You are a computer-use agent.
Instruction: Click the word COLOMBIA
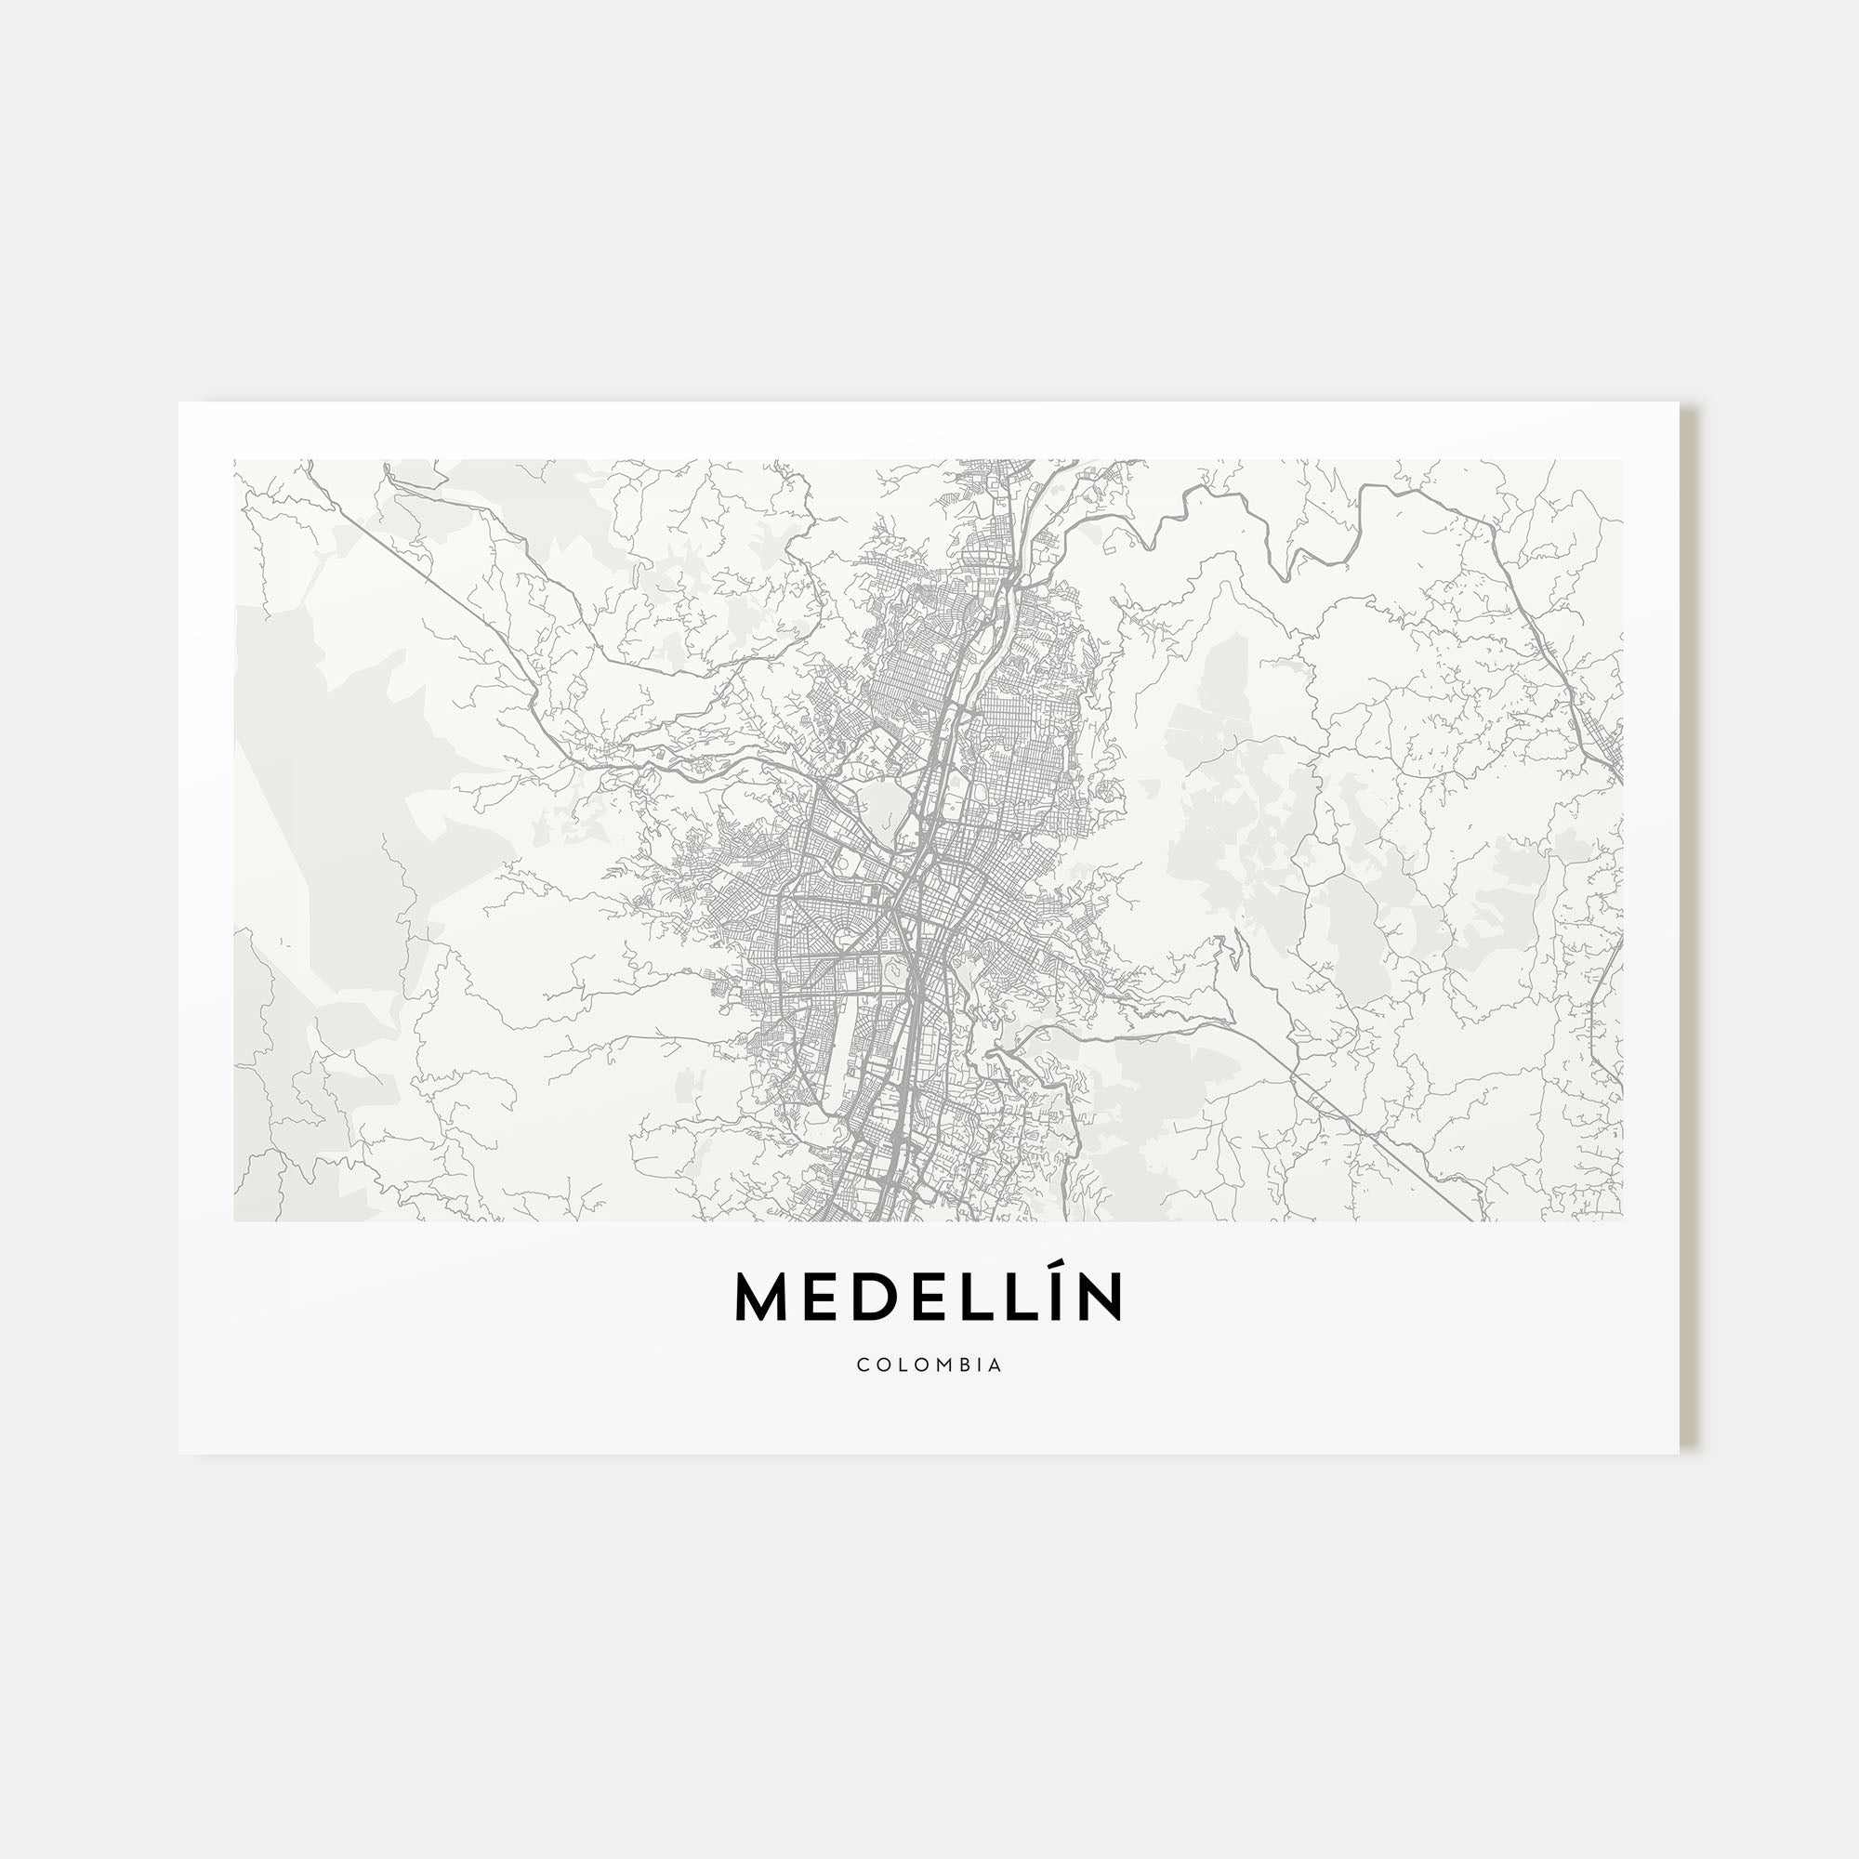coord(929,1365)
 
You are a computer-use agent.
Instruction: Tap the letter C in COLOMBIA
coord(863,1365)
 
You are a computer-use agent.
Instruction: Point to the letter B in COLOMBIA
coord(964,1365)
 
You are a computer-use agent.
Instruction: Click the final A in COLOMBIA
coord(995,1365)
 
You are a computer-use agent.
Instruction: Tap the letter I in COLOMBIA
coord(981,1365)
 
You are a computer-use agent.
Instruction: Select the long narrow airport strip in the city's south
coord(844,1048)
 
